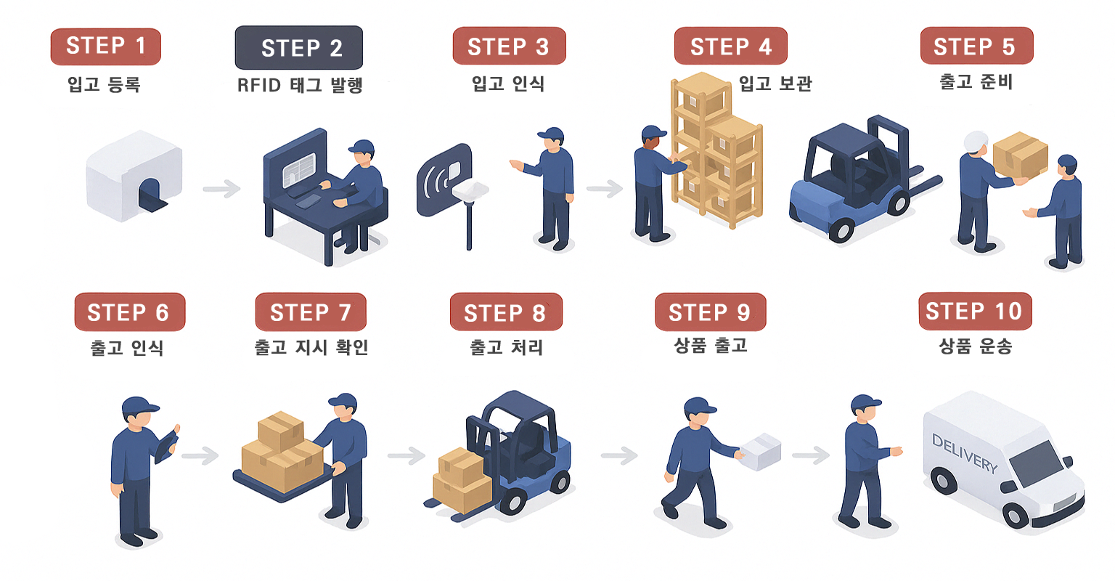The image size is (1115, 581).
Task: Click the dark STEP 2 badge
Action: (x=298, y=48)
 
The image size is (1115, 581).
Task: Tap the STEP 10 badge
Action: (x=974, y=312)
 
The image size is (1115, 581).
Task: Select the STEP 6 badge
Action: (x=129, y=312)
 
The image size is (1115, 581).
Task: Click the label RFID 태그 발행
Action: (x=299, y=86)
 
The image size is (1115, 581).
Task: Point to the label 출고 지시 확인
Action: (x=311, y=348)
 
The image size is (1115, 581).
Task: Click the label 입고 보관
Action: (x=775, y=84)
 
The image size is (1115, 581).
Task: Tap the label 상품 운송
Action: (x=975, y=346)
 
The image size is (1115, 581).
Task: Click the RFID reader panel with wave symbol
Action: (x=442, y=178)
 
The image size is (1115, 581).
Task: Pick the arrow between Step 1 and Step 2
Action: (x=221, y=190)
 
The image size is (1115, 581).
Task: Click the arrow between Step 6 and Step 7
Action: (x=200, y=456)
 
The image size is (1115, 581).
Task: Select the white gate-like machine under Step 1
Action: (x=134, y=176)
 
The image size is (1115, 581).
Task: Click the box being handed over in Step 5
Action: (x=1020, y=155)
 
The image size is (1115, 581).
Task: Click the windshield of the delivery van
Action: (x=1037, y=463)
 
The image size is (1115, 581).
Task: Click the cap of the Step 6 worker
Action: (x=139, y=407)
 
